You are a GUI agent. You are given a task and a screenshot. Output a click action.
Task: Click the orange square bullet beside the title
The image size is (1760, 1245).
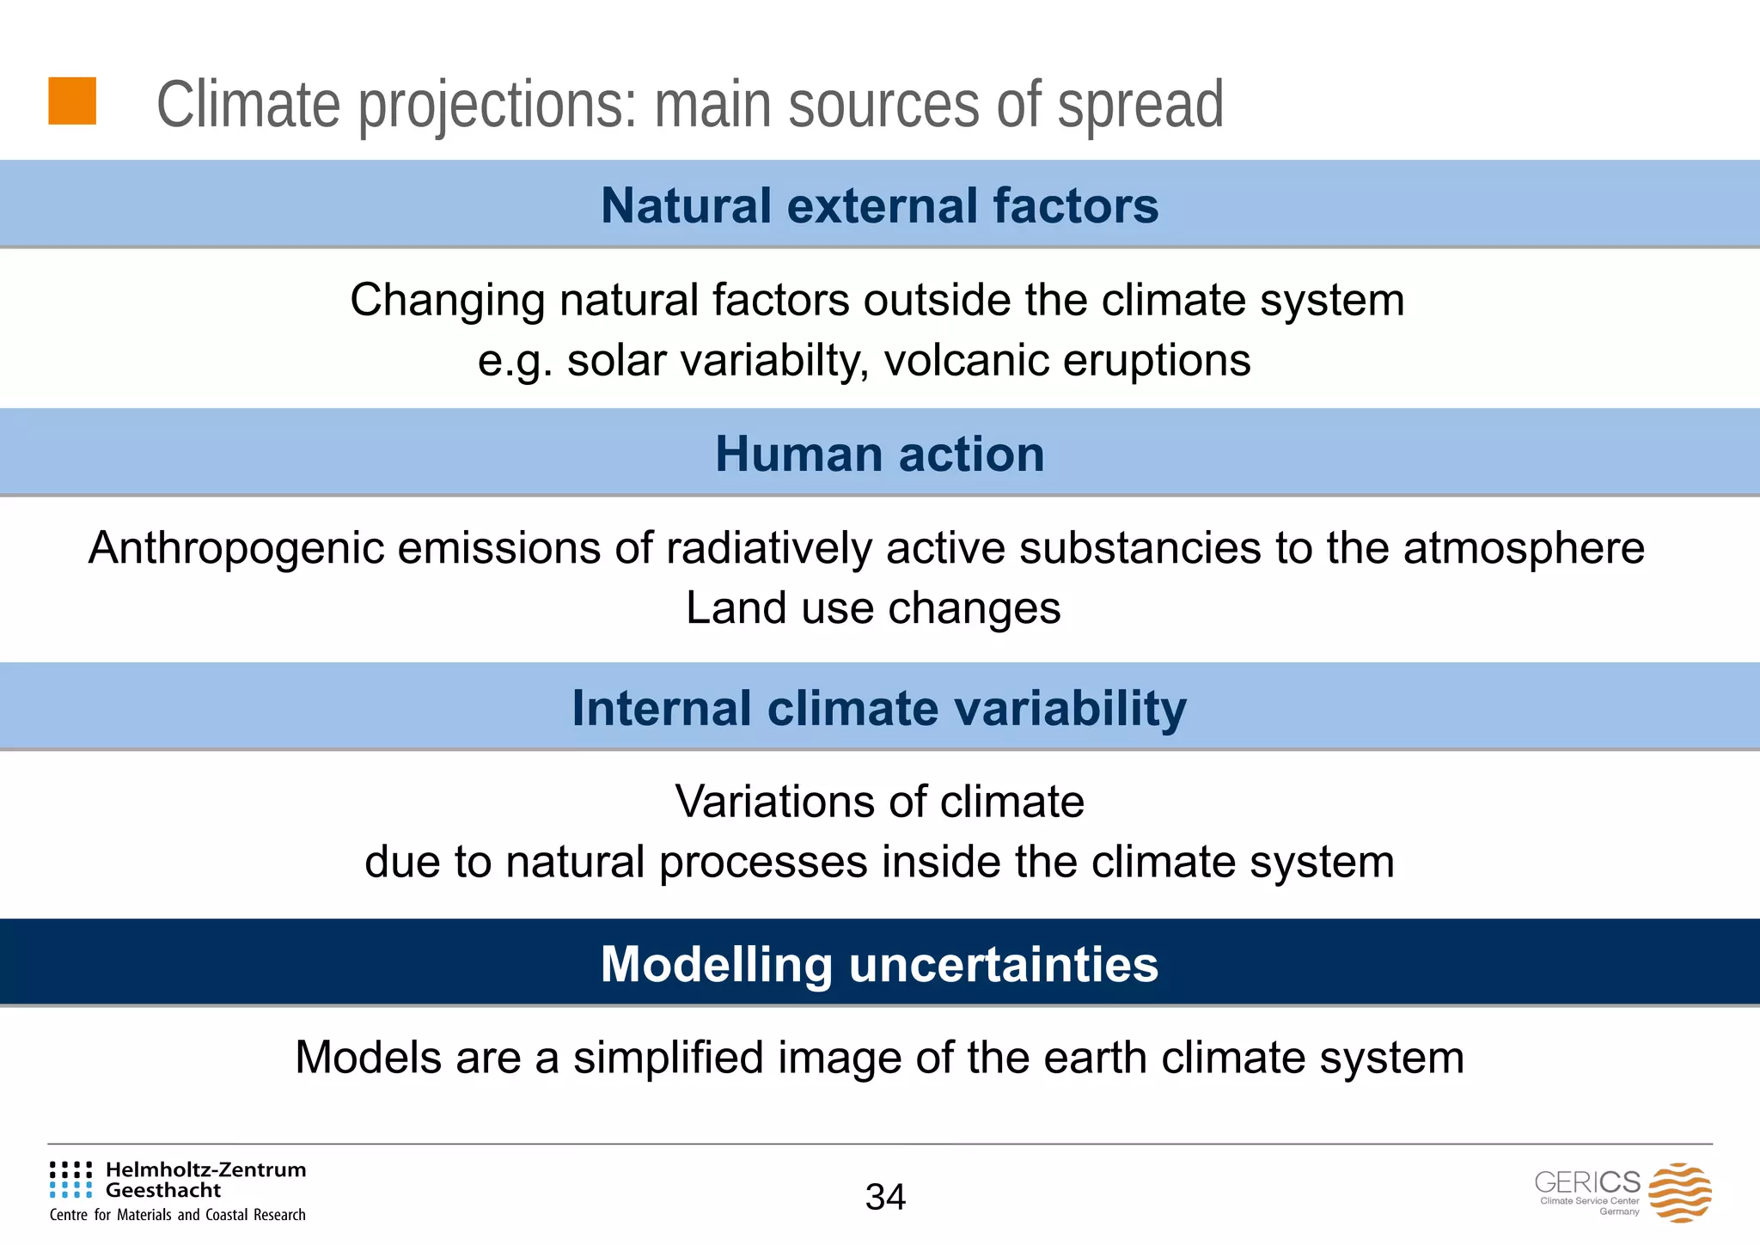(x=72, y=101)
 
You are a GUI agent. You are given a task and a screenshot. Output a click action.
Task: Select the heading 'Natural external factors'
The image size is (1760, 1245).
(x=879, y=206)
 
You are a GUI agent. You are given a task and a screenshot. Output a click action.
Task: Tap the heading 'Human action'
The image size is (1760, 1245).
(x=879, y=454)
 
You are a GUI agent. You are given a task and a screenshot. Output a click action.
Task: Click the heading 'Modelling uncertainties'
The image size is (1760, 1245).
(x=879, y=964)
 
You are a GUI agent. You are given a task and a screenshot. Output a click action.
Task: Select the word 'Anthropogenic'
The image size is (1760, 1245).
(x=235, y=548)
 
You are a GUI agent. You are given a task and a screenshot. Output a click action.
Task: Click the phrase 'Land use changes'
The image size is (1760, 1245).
(x=873, y=608)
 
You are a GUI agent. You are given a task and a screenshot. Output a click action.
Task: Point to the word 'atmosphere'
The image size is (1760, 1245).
(x=1524, y=548)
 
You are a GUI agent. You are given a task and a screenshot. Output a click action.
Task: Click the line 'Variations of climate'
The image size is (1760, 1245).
(x=879, y=802)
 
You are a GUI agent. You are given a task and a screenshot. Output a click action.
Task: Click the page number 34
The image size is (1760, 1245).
(x=885, y=1197)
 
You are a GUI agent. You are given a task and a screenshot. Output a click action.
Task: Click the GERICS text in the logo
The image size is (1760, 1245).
(x=1586, y=1181)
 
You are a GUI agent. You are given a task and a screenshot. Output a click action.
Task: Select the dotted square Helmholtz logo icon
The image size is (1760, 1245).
(x=70, y=1180)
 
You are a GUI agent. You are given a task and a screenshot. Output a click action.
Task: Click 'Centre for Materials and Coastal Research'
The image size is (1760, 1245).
(x=178, y=1215)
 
